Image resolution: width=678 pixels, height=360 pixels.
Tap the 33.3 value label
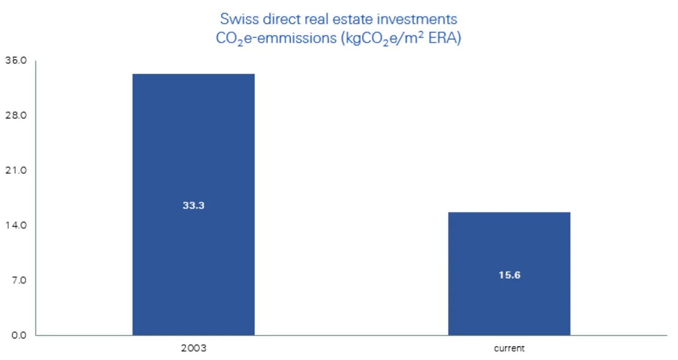193,206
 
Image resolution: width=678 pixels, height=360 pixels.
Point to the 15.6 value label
509,275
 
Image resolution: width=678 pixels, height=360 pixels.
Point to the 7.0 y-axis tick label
19,281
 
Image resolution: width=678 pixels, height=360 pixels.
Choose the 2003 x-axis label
193,349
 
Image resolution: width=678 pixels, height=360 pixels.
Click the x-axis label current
509,349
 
